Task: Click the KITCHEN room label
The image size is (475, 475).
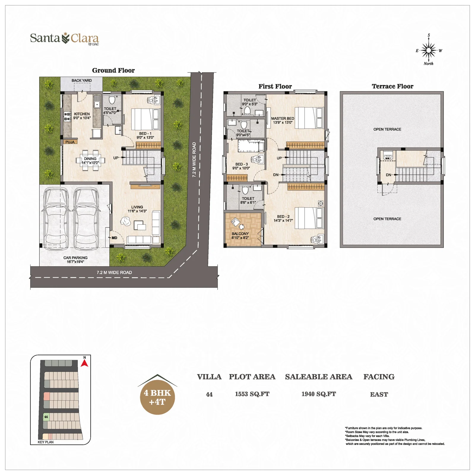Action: [82, 114]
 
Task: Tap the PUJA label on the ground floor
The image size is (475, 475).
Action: [70, 142]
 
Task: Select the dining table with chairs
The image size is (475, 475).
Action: [90, 161]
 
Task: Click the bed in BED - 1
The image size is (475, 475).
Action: [145, 119]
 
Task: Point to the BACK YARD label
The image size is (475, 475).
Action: [82, 80]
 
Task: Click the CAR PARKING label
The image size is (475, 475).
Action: [75, 258]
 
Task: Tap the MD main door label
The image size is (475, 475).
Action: [115, 238]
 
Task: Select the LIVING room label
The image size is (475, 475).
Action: [137, 207]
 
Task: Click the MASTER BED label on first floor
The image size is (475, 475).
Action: [282, 118]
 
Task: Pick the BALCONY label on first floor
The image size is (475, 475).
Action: [240, 234]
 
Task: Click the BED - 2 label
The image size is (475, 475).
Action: [283, 217]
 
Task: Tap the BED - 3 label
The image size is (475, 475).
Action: [241, 164]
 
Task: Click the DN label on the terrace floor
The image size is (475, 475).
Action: [388, 175]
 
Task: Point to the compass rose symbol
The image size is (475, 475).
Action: [428, 50]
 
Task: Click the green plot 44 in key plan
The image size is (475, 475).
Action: [46, 417]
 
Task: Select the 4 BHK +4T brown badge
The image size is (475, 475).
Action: [157, 397]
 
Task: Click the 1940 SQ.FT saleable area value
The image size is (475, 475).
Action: [319, 394]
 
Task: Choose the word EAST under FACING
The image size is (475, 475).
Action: [379, 394]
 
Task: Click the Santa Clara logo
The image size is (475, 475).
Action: [64, 39]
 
